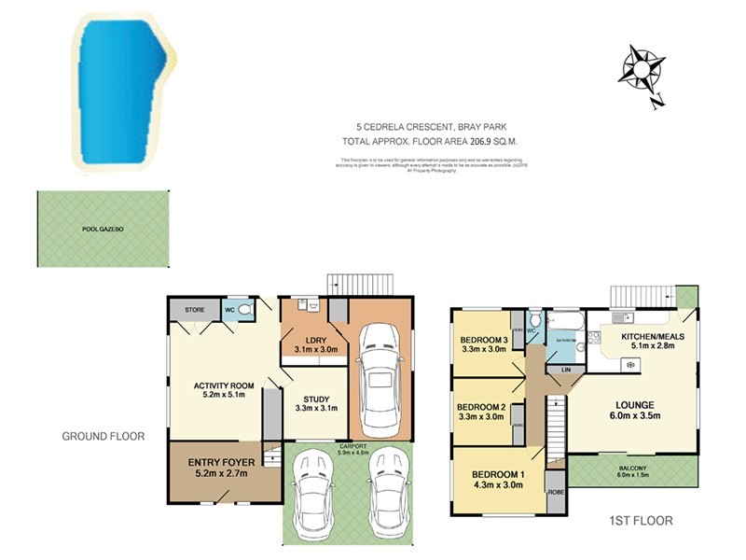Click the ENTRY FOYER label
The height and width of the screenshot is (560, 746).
pyautogui.click(x=225, y=462)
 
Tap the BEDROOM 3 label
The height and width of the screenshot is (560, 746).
pyautogui.click(x=483, y=340)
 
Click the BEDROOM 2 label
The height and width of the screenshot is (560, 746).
pyautogui.click(x=481, y=406)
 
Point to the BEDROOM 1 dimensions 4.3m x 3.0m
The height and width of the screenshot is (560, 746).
pyautogui.click(x=498, y=484)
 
